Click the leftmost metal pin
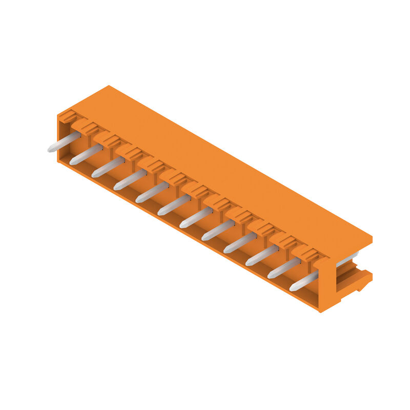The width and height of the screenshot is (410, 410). coord(65,142)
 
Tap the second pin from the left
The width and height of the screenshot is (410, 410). coord(86,154)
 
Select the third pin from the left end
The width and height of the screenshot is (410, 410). coord(108,167)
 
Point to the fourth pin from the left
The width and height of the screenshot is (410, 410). coord(130,180)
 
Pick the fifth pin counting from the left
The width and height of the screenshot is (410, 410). coord(152,192)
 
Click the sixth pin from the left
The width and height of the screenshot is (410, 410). coord(174,204)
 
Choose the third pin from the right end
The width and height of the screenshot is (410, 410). coord(262,255)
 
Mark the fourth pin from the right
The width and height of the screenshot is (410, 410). coord(240,242)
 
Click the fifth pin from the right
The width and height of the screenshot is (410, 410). coord(218,230)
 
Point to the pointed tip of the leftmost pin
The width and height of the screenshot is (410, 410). coord(50,150)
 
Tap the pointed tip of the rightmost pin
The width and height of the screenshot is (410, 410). coord(292,288)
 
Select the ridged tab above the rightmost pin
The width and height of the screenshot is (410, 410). coord(310,253)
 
